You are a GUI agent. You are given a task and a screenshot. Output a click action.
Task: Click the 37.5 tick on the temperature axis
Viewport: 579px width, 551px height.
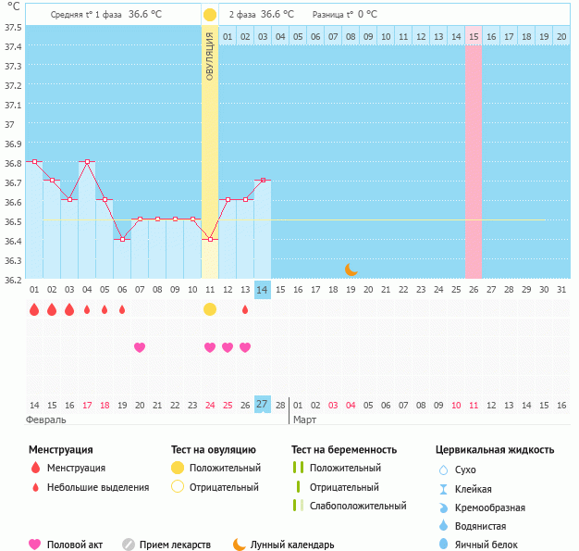[x=13, y=27]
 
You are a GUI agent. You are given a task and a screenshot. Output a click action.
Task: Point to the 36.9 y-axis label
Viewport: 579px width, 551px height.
[x=13, y=144]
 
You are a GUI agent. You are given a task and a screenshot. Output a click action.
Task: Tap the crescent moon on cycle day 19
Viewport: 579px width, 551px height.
[x=351, y=269]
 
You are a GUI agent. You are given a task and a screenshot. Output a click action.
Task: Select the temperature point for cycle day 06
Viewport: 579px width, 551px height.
[x=122, y=239]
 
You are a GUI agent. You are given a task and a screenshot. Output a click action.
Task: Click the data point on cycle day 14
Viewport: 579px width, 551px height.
[x=263, y=181]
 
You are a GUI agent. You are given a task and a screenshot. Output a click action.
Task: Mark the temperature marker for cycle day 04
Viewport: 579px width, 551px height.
[x=87, y=161]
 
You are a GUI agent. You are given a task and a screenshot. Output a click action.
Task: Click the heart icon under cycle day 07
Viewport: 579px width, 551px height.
[x=140, y=347]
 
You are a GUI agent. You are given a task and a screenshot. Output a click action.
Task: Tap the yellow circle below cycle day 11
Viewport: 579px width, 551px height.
[x=210, y=309]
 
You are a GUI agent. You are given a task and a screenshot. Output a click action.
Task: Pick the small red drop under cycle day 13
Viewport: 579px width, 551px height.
[x=245, y=309]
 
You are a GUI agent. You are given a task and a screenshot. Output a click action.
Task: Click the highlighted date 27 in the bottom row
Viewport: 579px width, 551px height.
[x=263, y=405]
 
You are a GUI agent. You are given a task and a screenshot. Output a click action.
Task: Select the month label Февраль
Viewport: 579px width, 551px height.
[x=46, y=420]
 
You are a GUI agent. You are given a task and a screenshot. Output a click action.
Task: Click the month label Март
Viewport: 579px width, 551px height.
[x=305, y=420]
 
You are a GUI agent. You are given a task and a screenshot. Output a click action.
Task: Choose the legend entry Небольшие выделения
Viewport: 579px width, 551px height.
[x=97, y=487]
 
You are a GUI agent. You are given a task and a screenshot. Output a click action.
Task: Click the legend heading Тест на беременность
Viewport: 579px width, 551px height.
[x=344, y=450]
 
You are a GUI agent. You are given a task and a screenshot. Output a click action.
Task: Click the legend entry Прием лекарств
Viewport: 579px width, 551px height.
[x=175, y=545]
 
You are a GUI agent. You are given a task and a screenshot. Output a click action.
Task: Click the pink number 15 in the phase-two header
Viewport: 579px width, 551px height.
[x=474, y=36]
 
